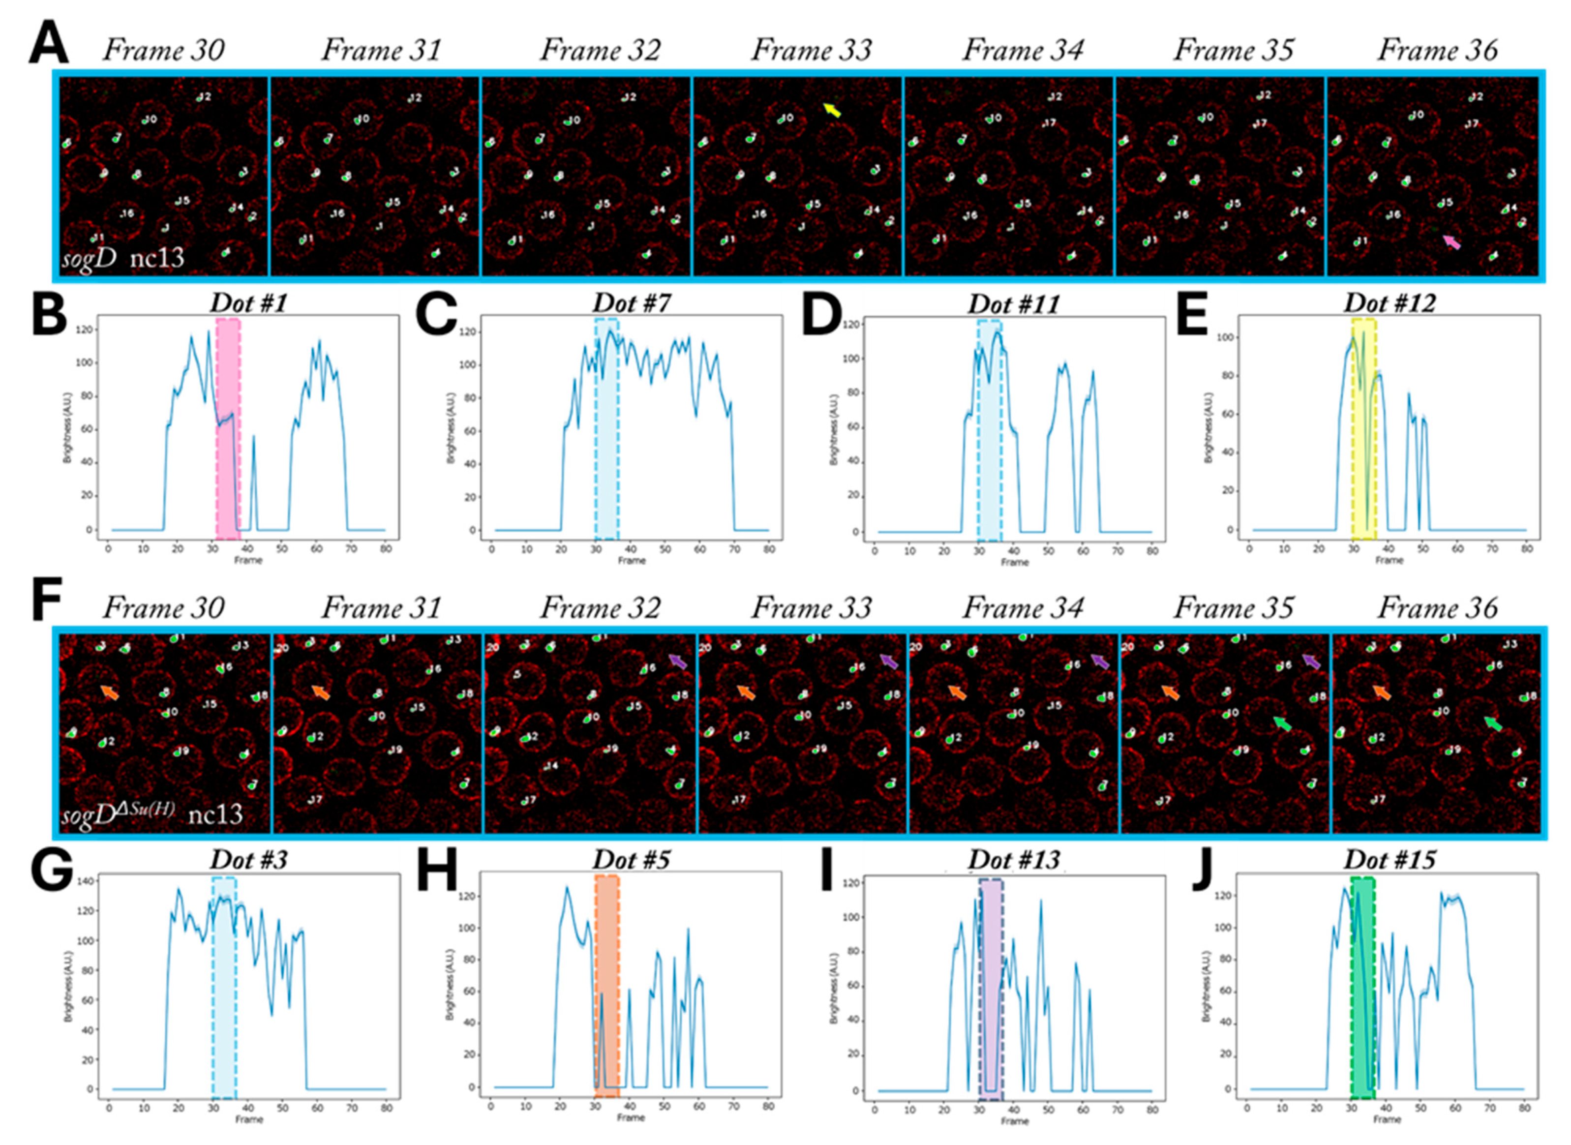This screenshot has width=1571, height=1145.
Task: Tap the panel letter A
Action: click(49, 43)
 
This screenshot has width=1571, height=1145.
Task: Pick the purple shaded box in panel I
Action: click(990, 988)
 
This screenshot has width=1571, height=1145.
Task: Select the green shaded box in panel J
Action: click(1362, 987)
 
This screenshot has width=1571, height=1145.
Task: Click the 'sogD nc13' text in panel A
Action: click(122, 258)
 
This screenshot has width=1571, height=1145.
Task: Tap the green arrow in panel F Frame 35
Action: click(1283, 723)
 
